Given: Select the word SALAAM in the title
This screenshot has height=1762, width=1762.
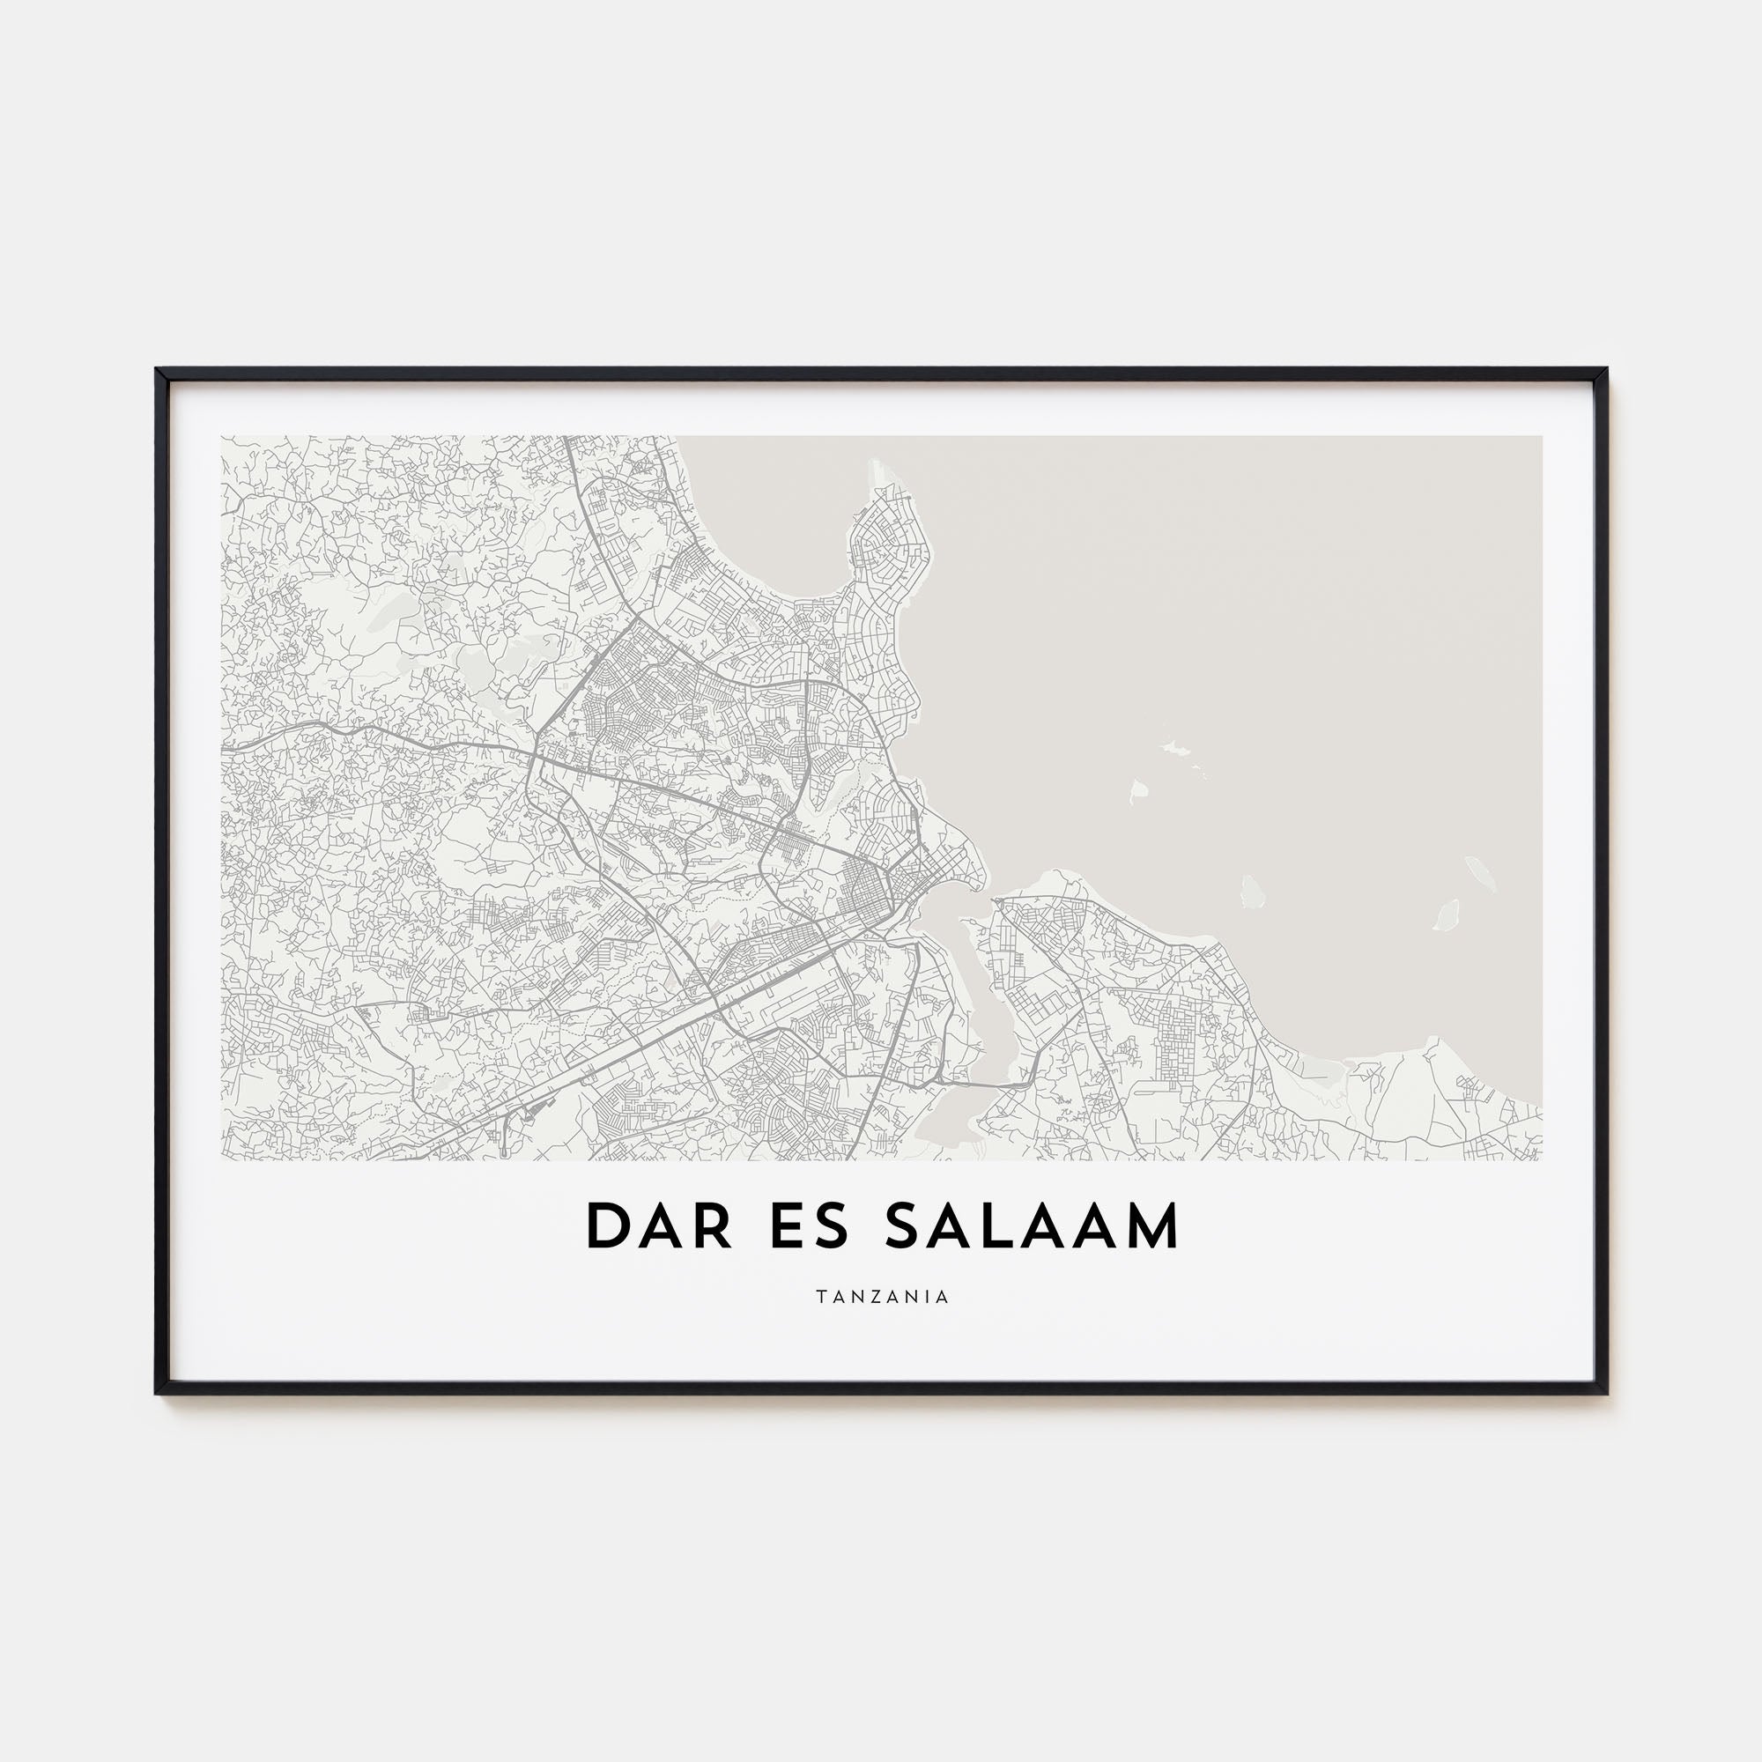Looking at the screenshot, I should tap(1032, 1227).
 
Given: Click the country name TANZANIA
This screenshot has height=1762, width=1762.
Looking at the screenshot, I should tap(881, 1297).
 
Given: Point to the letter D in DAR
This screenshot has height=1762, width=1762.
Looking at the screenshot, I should tap(605, 1227).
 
